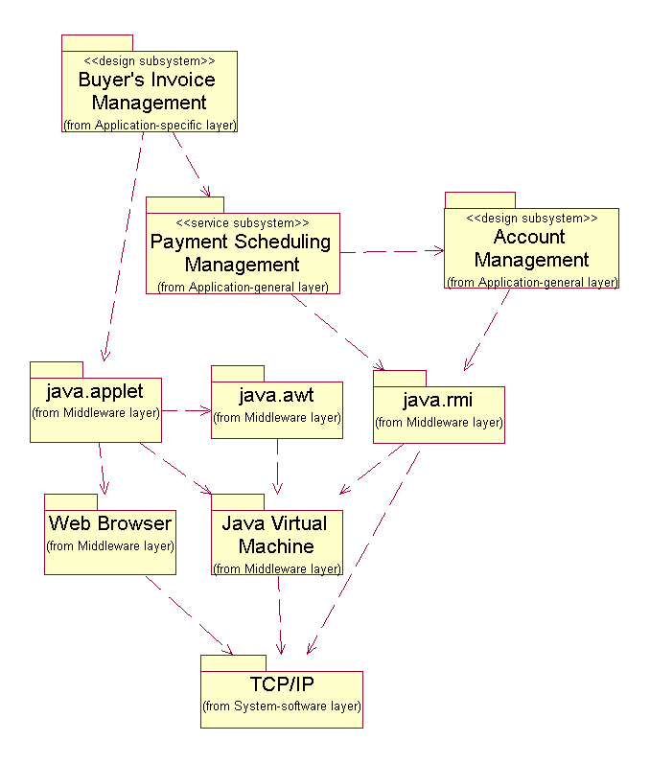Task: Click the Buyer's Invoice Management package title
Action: click(x=149, y=91)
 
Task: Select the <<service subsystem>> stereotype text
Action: click(x=243, y=222)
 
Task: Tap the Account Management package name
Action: click(x=531, y=248)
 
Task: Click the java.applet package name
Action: click(x=95, y=391)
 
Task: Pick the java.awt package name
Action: click(x=277, y=395)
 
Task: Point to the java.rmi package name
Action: click(x=438, y=399)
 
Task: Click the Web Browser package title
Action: click(x=110, y=523)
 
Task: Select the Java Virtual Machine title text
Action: click(x=275, y=535)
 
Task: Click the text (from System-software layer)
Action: click(x=282, y=706)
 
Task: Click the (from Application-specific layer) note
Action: click(x=150, y=125)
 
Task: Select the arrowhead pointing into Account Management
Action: click(x=439, y=251)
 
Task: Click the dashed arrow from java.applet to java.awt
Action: click(x=186, y=411)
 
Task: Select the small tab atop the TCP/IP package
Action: click(x=233, y=663)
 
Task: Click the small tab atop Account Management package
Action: click(x=479, y=199)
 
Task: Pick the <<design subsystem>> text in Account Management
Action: click(x=532, y=218)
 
